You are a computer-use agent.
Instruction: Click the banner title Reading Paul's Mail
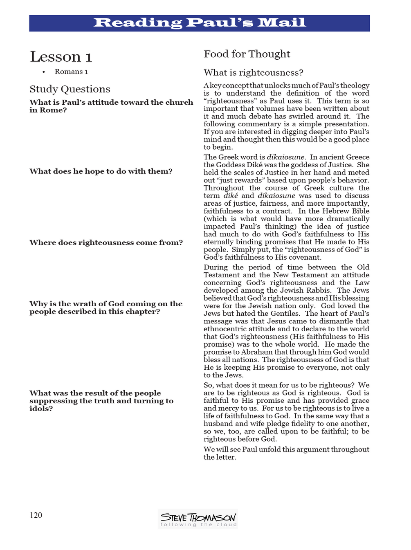pos(199,22)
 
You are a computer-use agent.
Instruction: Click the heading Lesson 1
pos(61,57)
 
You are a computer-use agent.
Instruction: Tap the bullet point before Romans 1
pos(44,72)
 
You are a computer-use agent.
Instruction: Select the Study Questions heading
pos(70,89)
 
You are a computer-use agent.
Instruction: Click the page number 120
pos(36,515)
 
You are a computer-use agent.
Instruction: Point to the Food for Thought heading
pos(247,54)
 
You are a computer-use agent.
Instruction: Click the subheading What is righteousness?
pos(253,73)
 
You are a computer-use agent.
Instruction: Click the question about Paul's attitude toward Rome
pos(111,106)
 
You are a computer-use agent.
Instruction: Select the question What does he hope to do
pos(101,171)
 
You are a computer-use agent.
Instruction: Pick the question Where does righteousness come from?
pos(106,242)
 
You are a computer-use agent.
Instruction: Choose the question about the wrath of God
pos(106,308)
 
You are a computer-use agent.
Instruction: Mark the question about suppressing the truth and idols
pos(101,401)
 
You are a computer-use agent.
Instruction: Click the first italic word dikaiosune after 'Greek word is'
pos(285,157)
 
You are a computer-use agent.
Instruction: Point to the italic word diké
pos(231,196)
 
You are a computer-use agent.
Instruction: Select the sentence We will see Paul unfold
pos(286,453)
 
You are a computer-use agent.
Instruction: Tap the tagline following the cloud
pos(198,525)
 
